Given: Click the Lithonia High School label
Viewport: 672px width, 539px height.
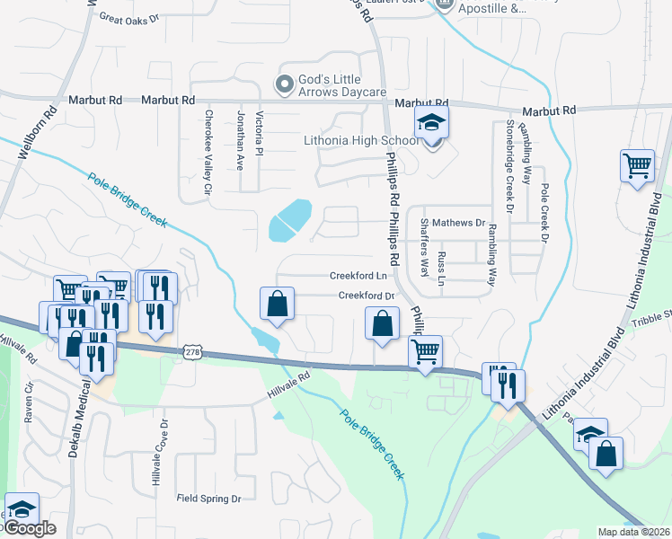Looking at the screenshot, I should [361, 140].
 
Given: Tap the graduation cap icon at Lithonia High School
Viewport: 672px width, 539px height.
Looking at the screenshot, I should [431, 123].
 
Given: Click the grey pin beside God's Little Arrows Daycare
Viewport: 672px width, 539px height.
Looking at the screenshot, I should [285, 85].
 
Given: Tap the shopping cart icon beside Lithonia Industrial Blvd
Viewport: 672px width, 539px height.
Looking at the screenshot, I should [636, 165].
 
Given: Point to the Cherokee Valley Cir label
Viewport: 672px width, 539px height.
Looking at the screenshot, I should [208, 153].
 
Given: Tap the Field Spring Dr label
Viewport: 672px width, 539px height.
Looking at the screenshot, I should [209, 498].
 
